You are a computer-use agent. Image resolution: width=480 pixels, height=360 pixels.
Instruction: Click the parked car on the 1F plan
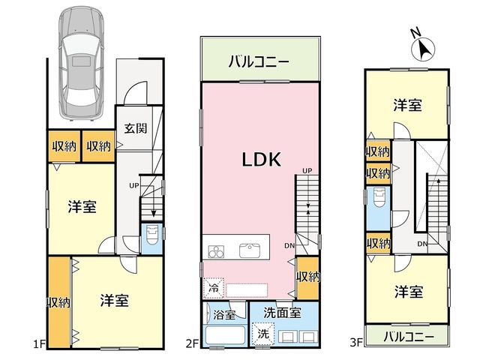[x=82, y=64]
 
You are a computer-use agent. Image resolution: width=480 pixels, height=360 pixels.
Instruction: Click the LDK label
[x=262, y=160]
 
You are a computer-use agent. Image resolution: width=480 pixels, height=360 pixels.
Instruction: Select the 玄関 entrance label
[x=136, y=128]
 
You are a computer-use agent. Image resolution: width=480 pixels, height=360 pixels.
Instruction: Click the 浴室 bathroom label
[x=224, y=314]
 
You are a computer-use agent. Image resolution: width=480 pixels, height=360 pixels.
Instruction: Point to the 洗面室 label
[x=282, y=313]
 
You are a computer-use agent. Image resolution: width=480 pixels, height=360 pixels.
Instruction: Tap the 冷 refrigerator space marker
[x=214, y=288]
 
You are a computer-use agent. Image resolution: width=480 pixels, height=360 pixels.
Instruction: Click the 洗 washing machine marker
[x=262, y=333]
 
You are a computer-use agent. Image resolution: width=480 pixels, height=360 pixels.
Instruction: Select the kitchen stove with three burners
[x=216, y=252]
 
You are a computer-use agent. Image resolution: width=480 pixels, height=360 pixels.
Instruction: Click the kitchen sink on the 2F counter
[x=250, y=250]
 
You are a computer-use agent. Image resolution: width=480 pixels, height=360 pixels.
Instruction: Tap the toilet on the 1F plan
[x=152, y=235]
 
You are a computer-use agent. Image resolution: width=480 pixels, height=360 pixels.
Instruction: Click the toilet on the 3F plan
[x=379, y=198]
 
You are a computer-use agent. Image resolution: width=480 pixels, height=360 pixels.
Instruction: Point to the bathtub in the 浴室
[x=225, y=335]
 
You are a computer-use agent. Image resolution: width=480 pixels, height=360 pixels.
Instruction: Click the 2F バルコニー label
[x=259, y=61]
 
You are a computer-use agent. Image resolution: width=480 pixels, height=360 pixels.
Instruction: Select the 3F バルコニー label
[x=409, y=337]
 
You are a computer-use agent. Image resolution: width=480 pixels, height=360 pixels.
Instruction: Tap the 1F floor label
[x=39, y=344]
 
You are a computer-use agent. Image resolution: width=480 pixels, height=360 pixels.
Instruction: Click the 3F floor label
[x=356, y=342]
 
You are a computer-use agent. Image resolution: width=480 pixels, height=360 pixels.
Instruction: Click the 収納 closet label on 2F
[x=308, y=277]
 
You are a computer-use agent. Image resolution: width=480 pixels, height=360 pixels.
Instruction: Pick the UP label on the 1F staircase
[x=133, y=185]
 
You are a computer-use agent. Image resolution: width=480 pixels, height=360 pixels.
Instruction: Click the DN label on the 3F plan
[x=422, y=244]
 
